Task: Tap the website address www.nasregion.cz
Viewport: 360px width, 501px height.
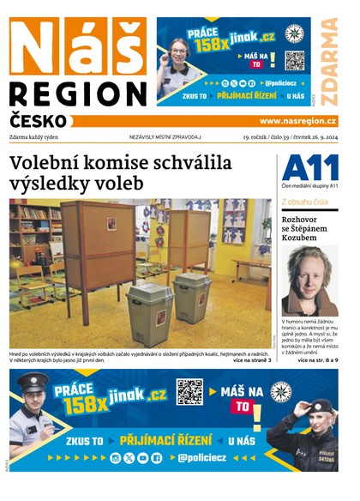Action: tap(298, 122)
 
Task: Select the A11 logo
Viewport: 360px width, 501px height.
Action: tap(309, 167)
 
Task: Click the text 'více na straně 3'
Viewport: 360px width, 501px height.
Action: tap(252, 360)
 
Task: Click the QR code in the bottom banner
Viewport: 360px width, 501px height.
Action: tap(189, 392)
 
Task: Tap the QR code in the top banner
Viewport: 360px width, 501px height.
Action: tap(294, 61)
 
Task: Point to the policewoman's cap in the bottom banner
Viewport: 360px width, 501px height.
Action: tap(319, 406)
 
